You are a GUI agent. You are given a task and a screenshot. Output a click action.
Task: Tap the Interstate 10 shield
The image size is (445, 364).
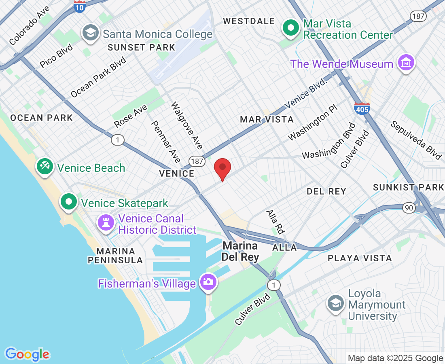[80, 6]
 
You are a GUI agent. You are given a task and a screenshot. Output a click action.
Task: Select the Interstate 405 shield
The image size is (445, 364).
[362, 108]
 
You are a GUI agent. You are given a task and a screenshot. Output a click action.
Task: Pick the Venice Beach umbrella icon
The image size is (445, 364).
[45, 166]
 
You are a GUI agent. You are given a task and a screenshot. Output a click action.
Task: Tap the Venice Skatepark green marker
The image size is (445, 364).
[69, 201]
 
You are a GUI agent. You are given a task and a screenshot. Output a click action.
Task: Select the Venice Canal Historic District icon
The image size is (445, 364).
[106, 222]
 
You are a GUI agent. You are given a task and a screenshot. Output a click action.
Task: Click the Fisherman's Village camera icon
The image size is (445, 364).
[208, 281]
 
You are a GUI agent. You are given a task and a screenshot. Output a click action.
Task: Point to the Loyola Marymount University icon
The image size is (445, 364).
[336, 304]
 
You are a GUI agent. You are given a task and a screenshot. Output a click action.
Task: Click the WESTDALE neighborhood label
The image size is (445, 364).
[249, 21]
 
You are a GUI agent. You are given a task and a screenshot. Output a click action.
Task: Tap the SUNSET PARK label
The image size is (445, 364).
[141, 47]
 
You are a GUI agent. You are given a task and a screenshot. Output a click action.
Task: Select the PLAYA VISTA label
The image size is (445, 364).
[360, 258]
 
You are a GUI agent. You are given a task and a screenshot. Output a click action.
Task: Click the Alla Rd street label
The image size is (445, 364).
[275, 222]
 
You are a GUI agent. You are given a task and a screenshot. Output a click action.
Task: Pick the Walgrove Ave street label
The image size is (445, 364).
[186, 125]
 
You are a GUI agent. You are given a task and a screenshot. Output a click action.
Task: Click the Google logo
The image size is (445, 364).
[27, 355]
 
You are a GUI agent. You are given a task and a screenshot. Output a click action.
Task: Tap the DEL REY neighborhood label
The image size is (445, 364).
[326, 191]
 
